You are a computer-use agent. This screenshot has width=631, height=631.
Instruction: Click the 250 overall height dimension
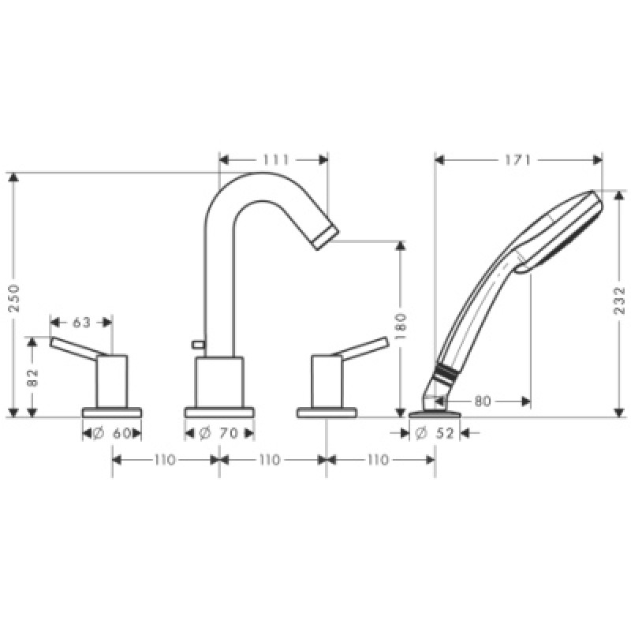pyautogui.click(x=13, y=298)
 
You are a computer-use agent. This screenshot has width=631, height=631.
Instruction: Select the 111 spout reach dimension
pyautogui.click(x=276, y=160)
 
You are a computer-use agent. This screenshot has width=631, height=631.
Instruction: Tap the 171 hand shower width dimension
pyautogui.click(x=518, y=160)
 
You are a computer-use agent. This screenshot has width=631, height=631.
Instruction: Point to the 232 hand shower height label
pyautogui.click(x=620, y=301)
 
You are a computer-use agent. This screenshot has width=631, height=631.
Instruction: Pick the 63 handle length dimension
pyautogui.click(x=82, y=323)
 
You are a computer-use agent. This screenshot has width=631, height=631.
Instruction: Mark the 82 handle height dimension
pyautogui.click(x=32, y=378)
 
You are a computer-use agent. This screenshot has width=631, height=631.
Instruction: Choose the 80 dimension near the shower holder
pyautogui.click(x=483, y=401)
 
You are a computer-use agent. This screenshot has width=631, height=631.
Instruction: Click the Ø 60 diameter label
pyautogui.click(x=112, y=433)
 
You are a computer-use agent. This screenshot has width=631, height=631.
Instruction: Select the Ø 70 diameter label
pyautogui.click(x=219, y=433)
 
